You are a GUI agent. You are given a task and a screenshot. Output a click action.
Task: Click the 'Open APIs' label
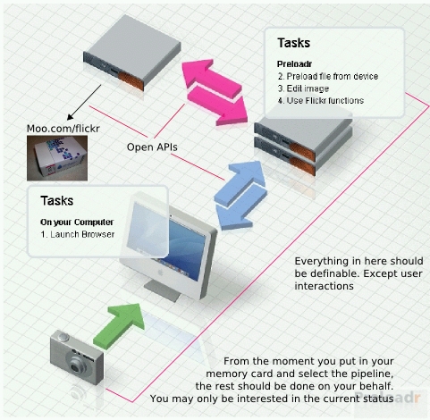click(x=152, y=147)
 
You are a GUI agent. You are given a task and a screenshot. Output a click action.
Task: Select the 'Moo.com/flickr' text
click(x=63, y=129)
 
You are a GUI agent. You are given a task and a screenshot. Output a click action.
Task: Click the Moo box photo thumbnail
click(x=57, y=158)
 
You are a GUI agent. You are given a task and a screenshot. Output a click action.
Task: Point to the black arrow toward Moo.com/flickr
click(x=84, y=102)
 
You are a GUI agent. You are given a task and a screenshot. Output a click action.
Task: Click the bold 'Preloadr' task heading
click(x=294, y=64)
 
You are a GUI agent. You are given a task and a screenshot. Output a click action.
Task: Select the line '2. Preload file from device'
click(x=328, y=76)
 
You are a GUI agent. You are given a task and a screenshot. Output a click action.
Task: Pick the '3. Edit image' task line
click(x=303, y=88)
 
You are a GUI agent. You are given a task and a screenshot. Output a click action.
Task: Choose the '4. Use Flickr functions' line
click(x=321, y=101)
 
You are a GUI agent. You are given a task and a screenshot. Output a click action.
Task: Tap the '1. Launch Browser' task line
click(x=78, y=234)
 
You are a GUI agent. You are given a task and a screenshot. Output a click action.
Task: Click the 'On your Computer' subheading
click(x=77, y=223)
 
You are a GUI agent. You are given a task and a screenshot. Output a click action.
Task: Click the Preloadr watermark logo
click(x=387, y=398)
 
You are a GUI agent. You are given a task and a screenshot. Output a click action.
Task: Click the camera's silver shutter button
click(x=63, y=337)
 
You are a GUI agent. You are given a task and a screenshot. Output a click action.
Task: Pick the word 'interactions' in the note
click(x=324, y=286)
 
